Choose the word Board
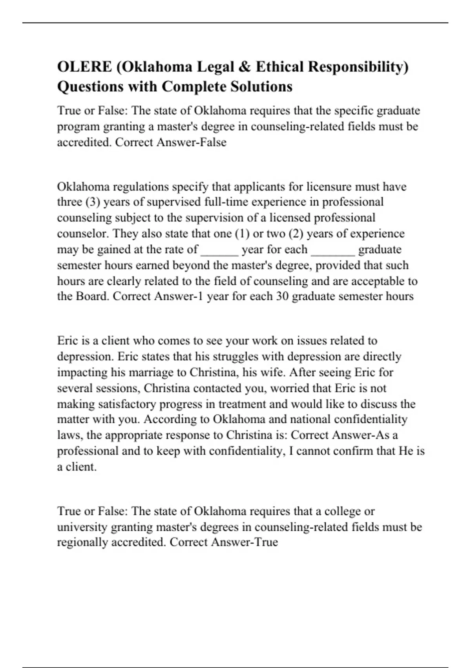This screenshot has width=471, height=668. (x=92, y=296)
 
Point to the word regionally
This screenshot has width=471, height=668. (x=82, y=543)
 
